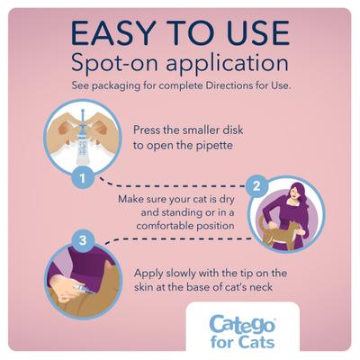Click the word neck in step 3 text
(x=271, y=287)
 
